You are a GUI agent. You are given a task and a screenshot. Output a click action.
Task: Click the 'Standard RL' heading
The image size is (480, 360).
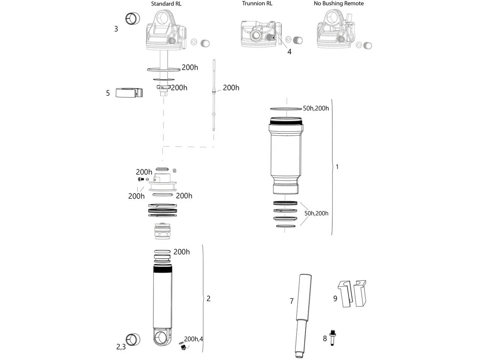(x=166, y=4)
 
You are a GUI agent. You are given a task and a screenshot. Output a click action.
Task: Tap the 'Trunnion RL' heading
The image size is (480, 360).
(x=257, y=3)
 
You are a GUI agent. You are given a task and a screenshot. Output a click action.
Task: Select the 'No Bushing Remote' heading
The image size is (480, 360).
(x=339, y=3)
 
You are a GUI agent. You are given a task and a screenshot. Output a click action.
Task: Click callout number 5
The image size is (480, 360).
(x=108, y=93)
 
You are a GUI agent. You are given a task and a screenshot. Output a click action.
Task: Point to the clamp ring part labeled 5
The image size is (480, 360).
(x=129, y=93)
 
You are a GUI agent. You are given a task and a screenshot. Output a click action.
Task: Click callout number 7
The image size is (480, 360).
(x=291, y=301)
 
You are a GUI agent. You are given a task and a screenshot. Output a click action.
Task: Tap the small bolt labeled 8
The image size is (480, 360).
(x=332, y=338)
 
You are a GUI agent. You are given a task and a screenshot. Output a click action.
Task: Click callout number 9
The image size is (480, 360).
(x=335, y=298)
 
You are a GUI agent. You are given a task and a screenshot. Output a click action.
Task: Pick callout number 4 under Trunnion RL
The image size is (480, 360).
(x=289, y=52)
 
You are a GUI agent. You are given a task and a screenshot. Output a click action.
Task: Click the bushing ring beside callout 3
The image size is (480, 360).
(x=132, y=18)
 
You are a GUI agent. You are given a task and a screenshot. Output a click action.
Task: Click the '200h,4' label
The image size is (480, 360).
(x=193, y=339)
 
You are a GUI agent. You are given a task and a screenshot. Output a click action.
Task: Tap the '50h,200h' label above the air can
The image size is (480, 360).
(x=316, y=108)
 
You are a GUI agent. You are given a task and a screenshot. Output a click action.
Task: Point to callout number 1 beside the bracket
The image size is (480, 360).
(x=337, y=167)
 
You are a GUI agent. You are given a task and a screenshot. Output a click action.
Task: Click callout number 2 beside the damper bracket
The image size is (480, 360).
(x=208, y=298)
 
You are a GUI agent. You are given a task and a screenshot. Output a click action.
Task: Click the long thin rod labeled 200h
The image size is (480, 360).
(x=214, y=95)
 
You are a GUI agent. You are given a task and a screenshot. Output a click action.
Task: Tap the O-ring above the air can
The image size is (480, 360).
(x=283, y=109)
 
